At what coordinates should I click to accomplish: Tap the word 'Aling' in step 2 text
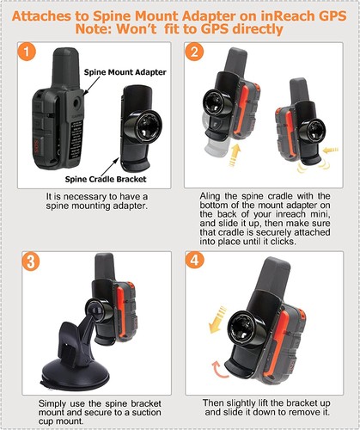click(x=210, y=196)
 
